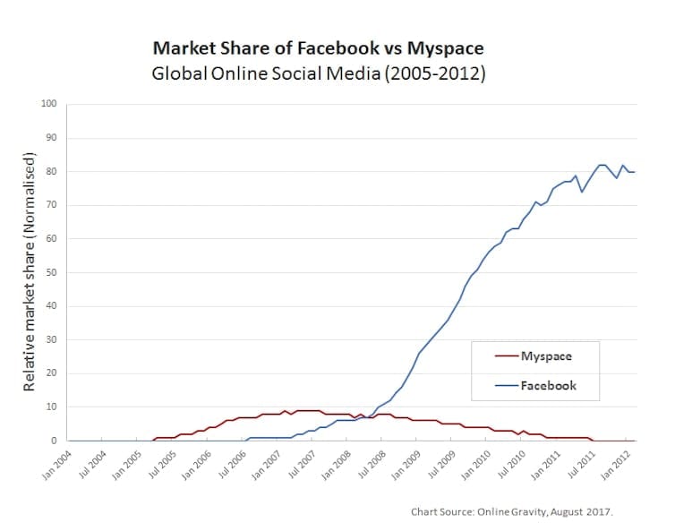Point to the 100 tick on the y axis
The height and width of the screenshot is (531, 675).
point(49,104)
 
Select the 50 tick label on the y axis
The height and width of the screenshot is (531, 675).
point(52,272)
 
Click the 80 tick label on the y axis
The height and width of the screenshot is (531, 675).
point(52,171)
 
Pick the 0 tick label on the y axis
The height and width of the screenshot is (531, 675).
point(55,441)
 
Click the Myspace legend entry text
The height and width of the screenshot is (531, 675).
point(546,356)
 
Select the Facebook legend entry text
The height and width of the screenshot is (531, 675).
point(549,386)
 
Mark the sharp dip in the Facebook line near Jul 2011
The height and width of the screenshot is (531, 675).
point(582,192)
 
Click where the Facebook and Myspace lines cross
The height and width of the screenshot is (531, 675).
point(366,417)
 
